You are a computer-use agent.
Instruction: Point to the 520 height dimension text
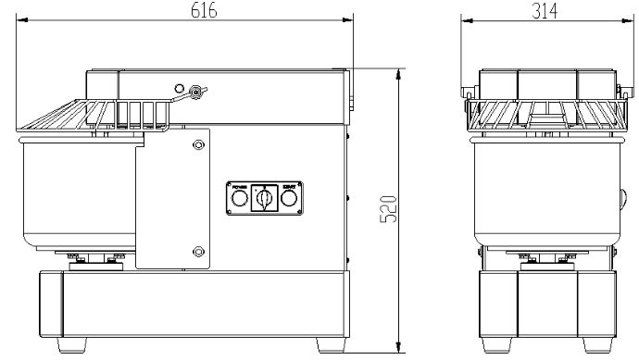390,211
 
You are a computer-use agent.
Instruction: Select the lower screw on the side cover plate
196,251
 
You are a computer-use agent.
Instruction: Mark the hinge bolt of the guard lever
194,91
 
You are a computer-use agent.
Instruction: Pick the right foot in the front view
593,343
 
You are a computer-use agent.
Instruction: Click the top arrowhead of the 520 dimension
398,72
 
